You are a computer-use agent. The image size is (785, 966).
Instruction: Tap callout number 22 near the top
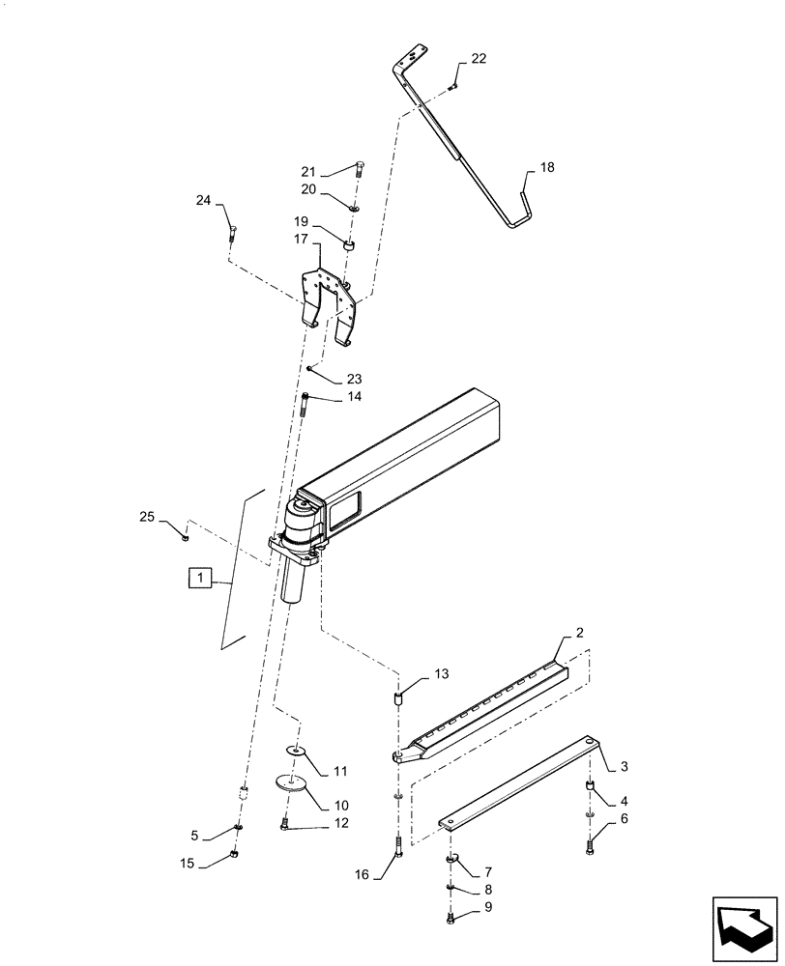pos(479,60)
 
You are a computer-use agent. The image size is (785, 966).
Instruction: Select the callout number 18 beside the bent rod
pos(546,167)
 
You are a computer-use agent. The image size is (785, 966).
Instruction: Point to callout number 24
pos(203,201)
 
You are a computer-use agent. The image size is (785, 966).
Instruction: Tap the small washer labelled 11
pos(296,750)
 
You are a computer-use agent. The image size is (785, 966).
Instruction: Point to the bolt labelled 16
pos(398,848)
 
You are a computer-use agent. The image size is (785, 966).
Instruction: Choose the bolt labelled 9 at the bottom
pos(451,920)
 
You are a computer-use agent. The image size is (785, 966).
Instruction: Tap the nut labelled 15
pos(235,855)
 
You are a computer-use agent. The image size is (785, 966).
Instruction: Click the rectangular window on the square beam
pos(345,508)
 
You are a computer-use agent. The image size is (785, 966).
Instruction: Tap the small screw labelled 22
pos(451,88)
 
